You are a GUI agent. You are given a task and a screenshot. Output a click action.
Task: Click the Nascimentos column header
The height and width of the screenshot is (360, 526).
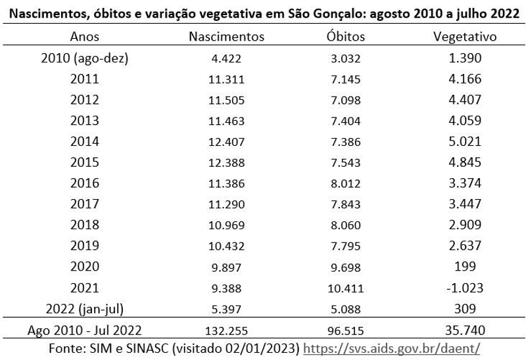(227, 37)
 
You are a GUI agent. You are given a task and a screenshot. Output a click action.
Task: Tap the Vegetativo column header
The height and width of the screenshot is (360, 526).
(466, 37)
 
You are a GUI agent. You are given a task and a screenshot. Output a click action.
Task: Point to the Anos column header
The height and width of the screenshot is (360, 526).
(84, 37)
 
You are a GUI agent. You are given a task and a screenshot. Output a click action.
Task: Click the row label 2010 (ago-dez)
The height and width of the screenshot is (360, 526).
(84, 58)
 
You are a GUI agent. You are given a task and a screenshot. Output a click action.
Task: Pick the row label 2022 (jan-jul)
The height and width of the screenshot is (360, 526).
(84, 309)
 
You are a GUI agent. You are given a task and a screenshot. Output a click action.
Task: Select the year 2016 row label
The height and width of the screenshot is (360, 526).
(84, 183)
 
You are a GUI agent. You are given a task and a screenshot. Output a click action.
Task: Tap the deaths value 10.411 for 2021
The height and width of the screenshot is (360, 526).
(346, 288)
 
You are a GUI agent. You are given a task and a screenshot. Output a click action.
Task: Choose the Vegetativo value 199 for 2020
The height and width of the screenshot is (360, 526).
(466, 267)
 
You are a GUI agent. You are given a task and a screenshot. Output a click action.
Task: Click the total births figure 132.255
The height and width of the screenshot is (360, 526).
(227, 330)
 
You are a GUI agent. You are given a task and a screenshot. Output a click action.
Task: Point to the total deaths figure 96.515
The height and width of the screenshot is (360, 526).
(346, 330)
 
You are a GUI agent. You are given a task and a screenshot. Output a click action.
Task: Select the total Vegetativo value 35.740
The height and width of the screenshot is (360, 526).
(466, 330)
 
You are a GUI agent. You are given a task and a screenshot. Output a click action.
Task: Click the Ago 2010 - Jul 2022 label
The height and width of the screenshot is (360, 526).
(84, 330)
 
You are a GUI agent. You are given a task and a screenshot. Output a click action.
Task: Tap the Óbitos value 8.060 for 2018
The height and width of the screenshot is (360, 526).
(346, 225)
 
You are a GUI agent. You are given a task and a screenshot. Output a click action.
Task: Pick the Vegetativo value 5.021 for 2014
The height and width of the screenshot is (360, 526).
(466, 142)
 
